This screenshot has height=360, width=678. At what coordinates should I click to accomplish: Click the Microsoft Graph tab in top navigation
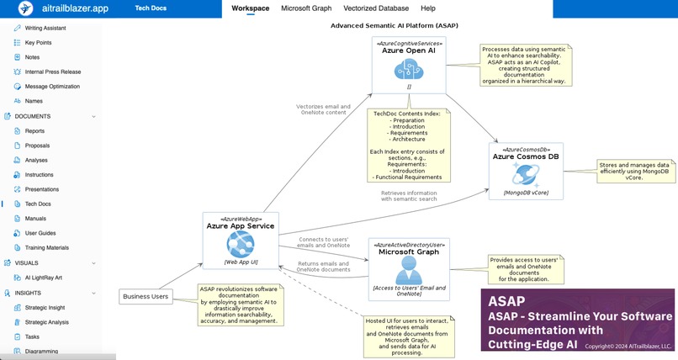[x=306, y=8]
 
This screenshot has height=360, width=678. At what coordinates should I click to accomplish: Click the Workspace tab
[x=251, y=8]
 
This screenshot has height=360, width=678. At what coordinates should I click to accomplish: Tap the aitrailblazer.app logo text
[x=75, y=8]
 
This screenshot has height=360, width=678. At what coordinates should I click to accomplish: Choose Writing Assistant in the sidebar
[x=46, y=28]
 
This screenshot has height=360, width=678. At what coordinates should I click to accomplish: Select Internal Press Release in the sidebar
[x=53, y=71]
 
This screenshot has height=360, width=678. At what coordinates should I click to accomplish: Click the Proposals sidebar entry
[x=38, y=146]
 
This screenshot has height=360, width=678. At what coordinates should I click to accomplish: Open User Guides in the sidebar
[x=40, y=233]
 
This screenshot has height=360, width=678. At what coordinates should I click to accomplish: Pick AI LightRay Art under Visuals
[x=45, y=277]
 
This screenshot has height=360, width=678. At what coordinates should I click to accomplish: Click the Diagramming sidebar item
[x=43, y=351]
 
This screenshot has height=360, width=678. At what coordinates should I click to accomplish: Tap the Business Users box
[x=146, y=296]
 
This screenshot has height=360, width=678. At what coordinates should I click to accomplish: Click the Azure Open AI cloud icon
[x=410, y=70]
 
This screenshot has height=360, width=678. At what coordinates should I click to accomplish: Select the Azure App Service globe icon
[x=240, y=245]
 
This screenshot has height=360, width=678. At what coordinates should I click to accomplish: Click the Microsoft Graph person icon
[x=410, y=269]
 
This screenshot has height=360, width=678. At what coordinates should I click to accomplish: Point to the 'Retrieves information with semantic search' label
[x=409, y=196]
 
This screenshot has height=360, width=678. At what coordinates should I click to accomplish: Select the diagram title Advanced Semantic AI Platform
[x=395, y=25]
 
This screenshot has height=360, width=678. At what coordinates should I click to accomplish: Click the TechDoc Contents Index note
[x=407, y=145]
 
